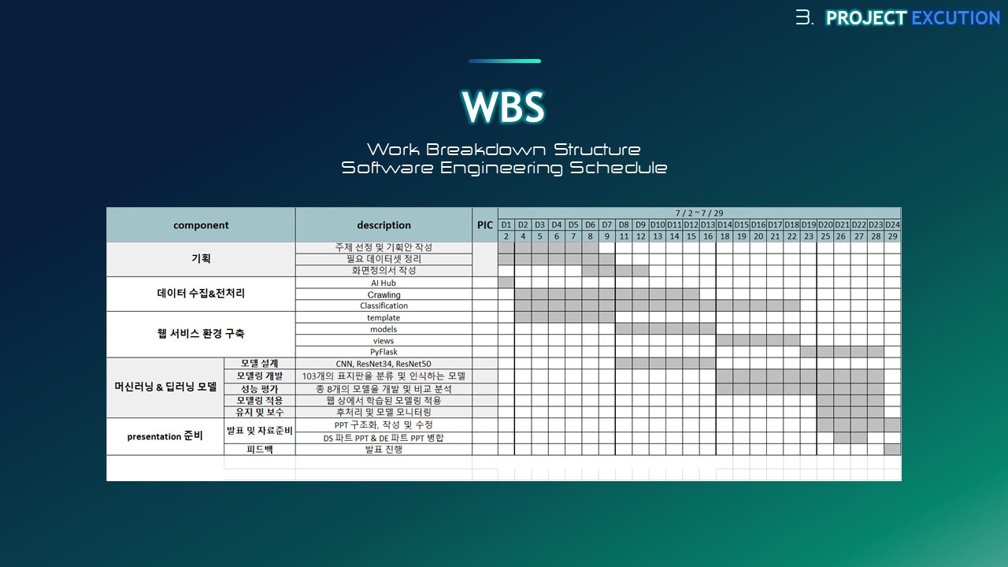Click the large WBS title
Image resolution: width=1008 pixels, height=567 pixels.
pyautogui.click(x=503, y=106)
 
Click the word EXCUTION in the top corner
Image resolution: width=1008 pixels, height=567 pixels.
pyautogui.click(x=956, y=18)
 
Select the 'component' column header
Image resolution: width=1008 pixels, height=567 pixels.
pyautogui.click(x=201, y=225)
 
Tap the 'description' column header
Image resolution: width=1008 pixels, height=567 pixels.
pyautogui.click(x=384, y=225)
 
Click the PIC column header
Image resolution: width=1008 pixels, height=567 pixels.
pyautogui.click(x=484, y=225)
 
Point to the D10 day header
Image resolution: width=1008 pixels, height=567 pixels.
pyautogui.click(x=658, y=224)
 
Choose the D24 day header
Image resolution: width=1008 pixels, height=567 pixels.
pyautogui.click(x=892, y=224)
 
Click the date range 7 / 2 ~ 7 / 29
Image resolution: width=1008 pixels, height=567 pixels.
pyautogui.click(x=699, y=213)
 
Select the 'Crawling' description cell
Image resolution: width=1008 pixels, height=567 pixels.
pyautogui.click(x=384, y=295)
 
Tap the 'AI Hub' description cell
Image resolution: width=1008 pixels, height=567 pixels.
pyautogui.click(x=384, y=283)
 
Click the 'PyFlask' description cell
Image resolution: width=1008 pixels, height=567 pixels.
pyautogui.click(x=384, y=352)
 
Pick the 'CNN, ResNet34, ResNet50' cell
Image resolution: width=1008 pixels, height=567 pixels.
pyautogui.click(x=384, y=364)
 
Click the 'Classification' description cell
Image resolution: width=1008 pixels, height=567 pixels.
pyautogui.click(x=384, y=306)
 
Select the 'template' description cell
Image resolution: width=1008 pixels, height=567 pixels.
pyautogui.click(x=384, y=317)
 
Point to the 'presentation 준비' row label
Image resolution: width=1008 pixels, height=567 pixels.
pyautogui.click(x=165, y=436)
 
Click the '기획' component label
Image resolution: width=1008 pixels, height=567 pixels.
pyautogui.click(x=201, y=258)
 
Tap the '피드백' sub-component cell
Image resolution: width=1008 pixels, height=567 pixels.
pyautogui.click(x=260, y=449)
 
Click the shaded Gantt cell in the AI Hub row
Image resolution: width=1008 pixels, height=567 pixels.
pyautogui.click(x=506, y=283)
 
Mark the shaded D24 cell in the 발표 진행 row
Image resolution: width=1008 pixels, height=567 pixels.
pyautogui.click(x=892, y=449)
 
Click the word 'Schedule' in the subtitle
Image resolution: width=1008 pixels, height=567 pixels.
pyautogui.click(x=618, y=168)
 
